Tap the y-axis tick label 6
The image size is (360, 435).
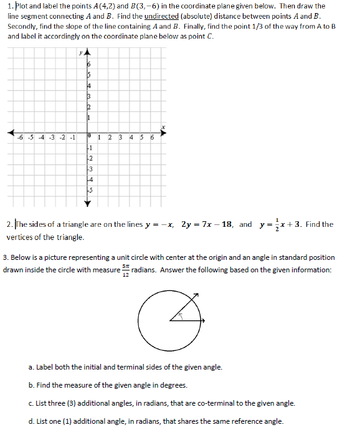point(89,65)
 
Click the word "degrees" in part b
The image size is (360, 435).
point(169,385)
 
